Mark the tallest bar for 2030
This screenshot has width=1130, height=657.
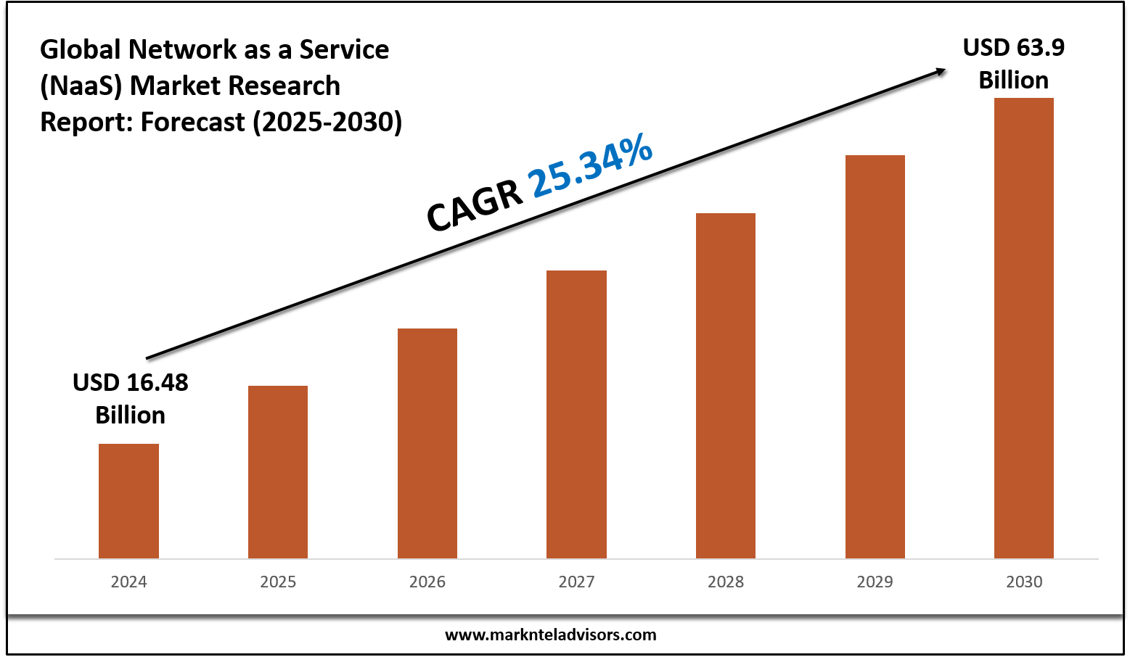click(1024, 328)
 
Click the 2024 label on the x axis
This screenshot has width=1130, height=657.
click(128, 582)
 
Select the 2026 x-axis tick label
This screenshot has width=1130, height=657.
click(427, 582)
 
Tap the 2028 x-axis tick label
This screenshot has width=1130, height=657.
click(726, 582)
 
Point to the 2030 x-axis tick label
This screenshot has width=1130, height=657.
click(1024, 582)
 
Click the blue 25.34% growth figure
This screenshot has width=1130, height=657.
click(591, 166)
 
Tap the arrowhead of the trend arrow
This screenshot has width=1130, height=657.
click(940, 70)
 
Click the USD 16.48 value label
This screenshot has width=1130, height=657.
click(131, 383)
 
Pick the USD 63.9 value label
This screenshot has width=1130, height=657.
click(1013, 48)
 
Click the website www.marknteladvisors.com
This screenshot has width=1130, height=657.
click(550, 635)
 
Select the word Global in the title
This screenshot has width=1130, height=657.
click(80, 49)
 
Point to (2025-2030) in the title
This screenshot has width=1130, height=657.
click(327, 122)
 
